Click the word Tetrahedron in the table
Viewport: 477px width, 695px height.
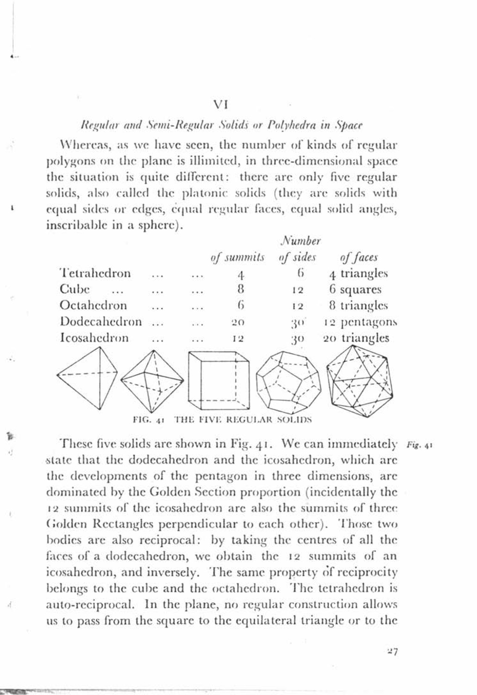95,273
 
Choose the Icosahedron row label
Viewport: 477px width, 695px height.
94,338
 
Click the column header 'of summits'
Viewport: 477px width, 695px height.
237,257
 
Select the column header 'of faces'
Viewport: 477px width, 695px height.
358,257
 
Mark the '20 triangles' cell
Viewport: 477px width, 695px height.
356,338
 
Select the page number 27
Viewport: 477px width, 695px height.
392,652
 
